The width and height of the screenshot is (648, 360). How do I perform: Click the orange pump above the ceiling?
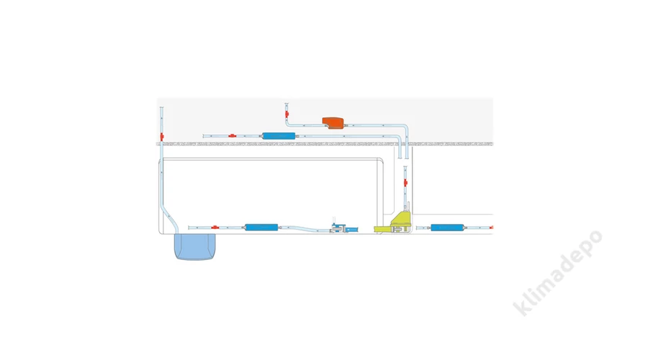click(333, 122)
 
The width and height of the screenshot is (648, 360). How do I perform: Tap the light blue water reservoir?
click(194, 247)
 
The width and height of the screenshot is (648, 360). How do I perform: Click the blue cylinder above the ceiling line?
click(279, 135)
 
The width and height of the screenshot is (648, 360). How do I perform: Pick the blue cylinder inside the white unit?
click(261, 228)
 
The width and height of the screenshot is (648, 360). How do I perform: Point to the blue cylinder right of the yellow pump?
click(446, 228)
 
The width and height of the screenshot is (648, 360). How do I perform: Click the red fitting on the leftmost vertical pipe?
click(162, 137)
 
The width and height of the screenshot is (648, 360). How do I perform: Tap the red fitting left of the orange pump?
click(287, 114)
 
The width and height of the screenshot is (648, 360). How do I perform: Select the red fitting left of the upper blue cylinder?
click(233, 135)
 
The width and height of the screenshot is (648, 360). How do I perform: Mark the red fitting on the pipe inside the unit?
click(215, 228)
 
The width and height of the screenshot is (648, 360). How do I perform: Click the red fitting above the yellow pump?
click(405, 183)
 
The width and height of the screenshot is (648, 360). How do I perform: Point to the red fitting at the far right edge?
click(491, 228)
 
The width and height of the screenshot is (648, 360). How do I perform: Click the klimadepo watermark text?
click(557, 273)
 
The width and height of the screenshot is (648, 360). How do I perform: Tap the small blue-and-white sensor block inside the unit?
click(338, 228)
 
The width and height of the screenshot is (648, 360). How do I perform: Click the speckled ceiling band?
click(325, 144)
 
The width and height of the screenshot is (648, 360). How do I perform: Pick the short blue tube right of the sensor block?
click(352, 229)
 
